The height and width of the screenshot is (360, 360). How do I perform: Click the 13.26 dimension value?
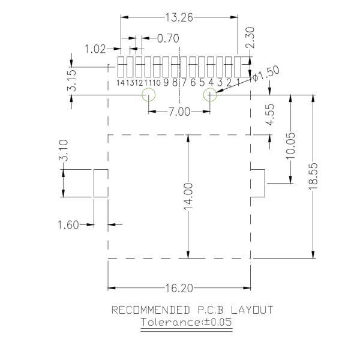179,17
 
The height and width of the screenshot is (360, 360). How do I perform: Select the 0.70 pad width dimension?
168,38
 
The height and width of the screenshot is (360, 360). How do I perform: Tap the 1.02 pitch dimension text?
95,49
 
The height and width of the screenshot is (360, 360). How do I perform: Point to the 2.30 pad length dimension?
250,37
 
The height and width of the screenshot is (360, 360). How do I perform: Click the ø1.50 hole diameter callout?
266,73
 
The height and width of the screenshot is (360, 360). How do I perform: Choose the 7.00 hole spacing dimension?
179,112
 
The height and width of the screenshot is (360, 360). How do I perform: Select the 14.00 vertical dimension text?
188,196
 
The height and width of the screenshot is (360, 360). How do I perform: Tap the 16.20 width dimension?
179,289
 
